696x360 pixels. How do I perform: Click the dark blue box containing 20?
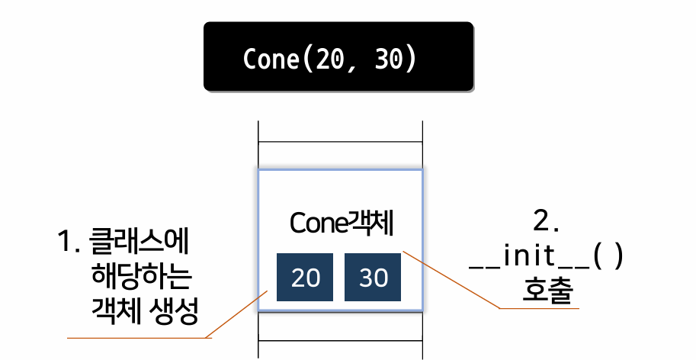tap(305, 277)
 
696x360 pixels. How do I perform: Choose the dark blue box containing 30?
tap(373, 277)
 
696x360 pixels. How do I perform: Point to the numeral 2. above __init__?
tap(546, 220)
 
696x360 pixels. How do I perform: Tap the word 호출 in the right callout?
tap(547, 291)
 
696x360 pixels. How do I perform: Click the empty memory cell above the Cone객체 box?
tap(340, 156)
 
